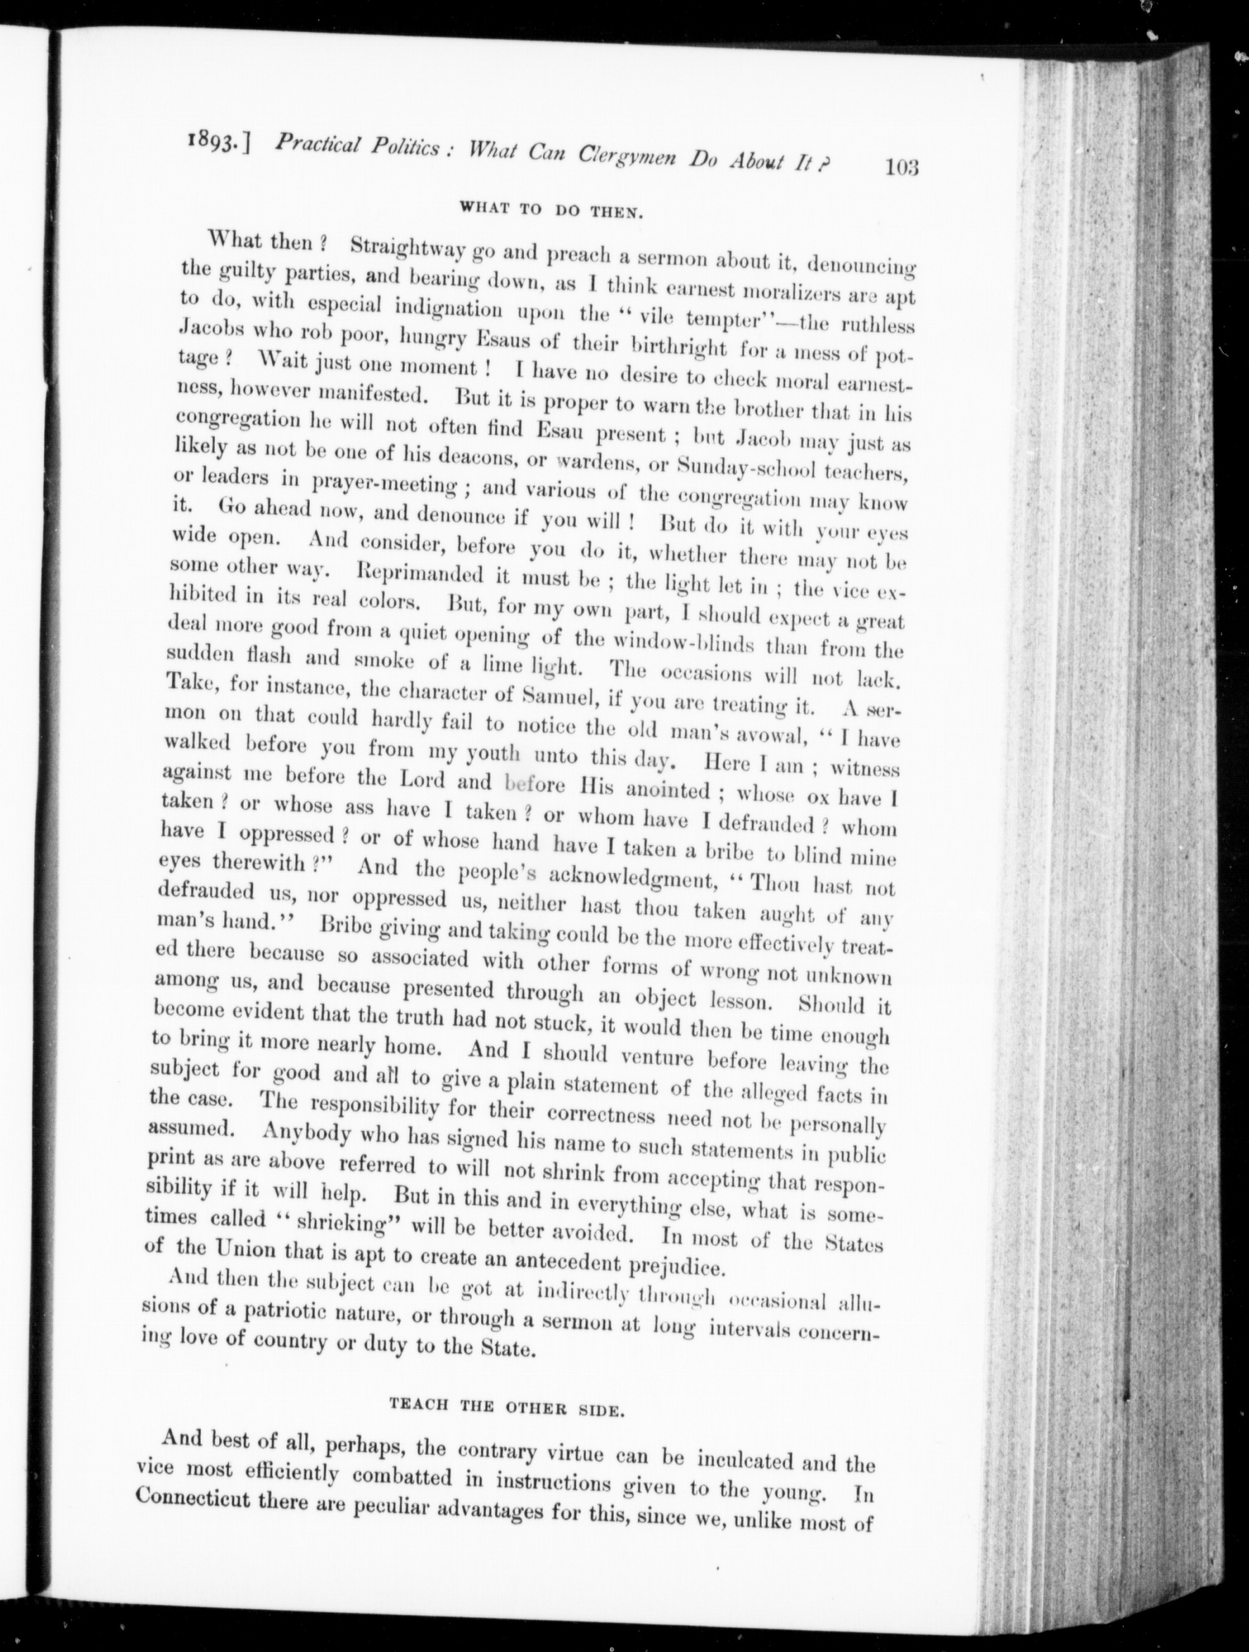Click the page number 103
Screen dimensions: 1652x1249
pyautogui.click(x=901, y=166)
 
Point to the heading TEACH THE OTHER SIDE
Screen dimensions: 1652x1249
pyautogui.click(x=506, y=1407)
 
